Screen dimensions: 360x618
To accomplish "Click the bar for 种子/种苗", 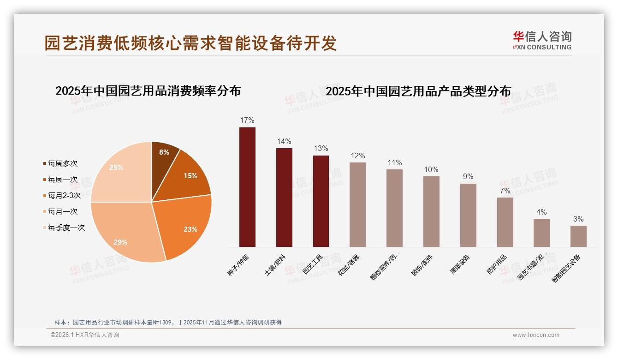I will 247,187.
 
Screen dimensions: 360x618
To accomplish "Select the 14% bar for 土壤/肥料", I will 284,198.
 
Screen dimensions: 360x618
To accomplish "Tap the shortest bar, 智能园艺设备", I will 578,236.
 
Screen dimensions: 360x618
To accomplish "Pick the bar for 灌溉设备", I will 468,215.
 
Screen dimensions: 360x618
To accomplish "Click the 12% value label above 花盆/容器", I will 357,156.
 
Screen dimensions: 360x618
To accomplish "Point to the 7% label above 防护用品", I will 505,191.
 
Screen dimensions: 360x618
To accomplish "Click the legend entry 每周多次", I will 63,164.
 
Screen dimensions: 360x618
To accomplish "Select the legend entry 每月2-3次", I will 64,196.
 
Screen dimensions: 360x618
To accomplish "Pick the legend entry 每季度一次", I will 66,228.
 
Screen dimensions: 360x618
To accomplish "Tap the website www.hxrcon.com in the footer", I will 536,335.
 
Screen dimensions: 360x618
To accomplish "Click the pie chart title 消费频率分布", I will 148,91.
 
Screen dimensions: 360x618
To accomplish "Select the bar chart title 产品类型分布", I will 418,91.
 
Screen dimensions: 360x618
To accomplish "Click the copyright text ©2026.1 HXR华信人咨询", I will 85,335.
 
